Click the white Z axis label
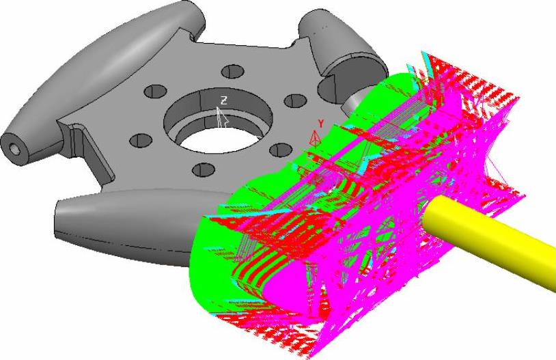point(223,100)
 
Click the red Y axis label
point(321,124)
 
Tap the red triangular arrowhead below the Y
point(314,137)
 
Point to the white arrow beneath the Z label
point(222,117)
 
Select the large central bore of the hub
point(218,121)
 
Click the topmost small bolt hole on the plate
point(233,71)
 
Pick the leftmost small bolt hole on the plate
point(141,141)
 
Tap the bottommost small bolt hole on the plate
point(204,170)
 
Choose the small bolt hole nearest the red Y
point(281,150)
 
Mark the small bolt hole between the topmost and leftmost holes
point(155,91)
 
